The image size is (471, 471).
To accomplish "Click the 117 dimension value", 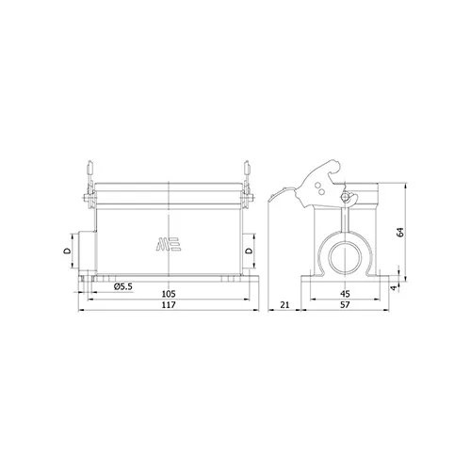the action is point(169,304).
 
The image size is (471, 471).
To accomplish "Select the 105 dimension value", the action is point(169,294).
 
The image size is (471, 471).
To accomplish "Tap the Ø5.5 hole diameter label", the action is point(123,286).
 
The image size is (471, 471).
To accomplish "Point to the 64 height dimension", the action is point(400,232).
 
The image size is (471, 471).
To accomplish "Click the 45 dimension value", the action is point(345,294).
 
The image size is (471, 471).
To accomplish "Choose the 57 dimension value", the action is point(345,304).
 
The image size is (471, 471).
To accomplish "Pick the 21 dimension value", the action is point(284,304).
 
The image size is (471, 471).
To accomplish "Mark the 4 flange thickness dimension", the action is point(395,287).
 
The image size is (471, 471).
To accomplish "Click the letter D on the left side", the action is point(67,251).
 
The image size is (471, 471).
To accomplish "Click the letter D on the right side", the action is point(249,251).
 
